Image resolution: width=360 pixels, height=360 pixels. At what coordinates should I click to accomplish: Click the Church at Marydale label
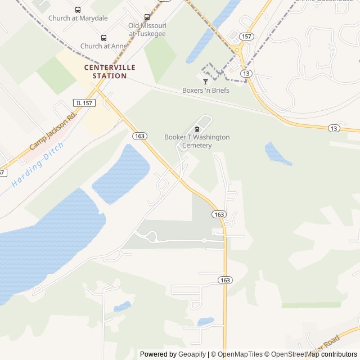pos(78,18)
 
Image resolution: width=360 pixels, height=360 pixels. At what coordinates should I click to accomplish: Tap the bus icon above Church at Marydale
pos(78,10)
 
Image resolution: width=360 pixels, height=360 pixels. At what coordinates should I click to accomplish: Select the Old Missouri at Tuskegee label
pos(147,29)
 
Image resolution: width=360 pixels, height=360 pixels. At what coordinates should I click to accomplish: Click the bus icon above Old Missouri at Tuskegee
pos(147,17)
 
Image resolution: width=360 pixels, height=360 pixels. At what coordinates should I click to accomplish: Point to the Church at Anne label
pos(103,46)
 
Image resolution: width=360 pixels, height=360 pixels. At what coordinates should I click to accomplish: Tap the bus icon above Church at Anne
pos(103,38)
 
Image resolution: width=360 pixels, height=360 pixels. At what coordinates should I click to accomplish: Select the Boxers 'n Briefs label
pos(205,90)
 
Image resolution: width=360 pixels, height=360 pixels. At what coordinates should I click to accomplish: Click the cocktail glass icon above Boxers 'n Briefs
pos(205,82)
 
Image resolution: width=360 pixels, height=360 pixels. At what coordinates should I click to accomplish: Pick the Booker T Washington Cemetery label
pos(197,141)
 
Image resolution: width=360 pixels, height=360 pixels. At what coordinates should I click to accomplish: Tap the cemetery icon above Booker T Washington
pos(197,129)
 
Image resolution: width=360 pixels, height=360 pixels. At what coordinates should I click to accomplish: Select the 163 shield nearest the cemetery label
pos(140,136)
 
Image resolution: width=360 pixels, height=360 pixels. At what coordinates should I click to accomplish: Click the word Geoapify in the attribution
pos(192,354)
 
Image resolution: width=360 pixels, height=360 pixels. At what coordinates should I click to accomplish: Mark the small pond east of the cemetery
pos(277,154)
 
